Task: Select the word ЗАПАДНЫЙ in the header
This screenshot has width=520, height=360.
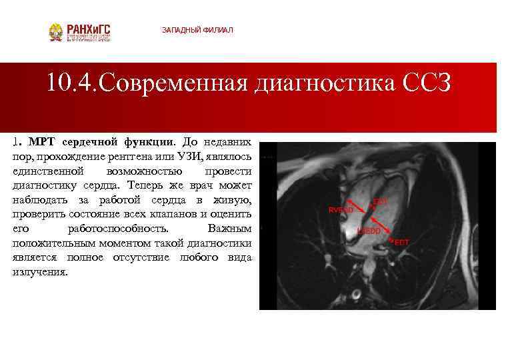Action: point(180,31)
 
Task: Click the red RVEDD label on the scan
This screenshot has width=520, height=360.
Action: point(341,209)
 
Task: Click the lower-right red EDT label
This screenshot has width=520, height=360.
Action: point(402,242)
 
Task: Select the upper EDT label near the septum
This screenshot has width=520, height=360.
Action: point(380,200)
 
